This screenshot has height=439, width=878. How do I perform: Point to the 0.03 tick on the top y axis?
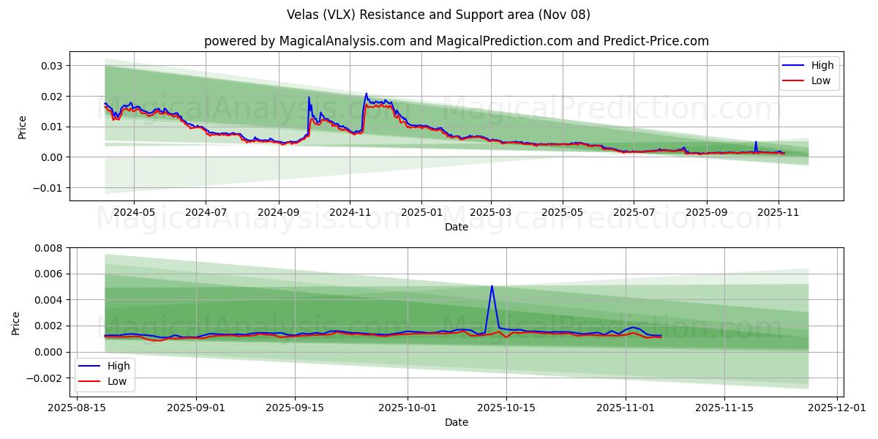(51, 66)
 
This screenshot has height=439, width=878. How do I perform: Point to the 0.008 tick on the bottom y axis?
(48, 248)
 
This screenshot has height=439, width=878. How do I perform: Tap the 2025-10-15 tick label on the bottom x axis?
(506, 408)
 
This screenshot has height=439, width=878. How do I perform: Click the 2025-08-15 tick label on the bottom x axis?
(78, 408)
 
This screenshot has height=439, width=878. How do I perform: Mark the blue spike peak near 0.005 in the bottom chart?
(492, 286)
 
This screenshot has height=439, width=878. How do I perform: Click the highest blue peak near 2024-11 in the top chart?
(367, 94)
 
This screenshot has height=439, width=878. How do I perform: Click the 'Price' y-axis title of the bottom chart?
(16, 323)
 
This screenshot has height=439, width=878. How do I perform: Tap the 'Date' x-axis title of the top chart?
(457, 227)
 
